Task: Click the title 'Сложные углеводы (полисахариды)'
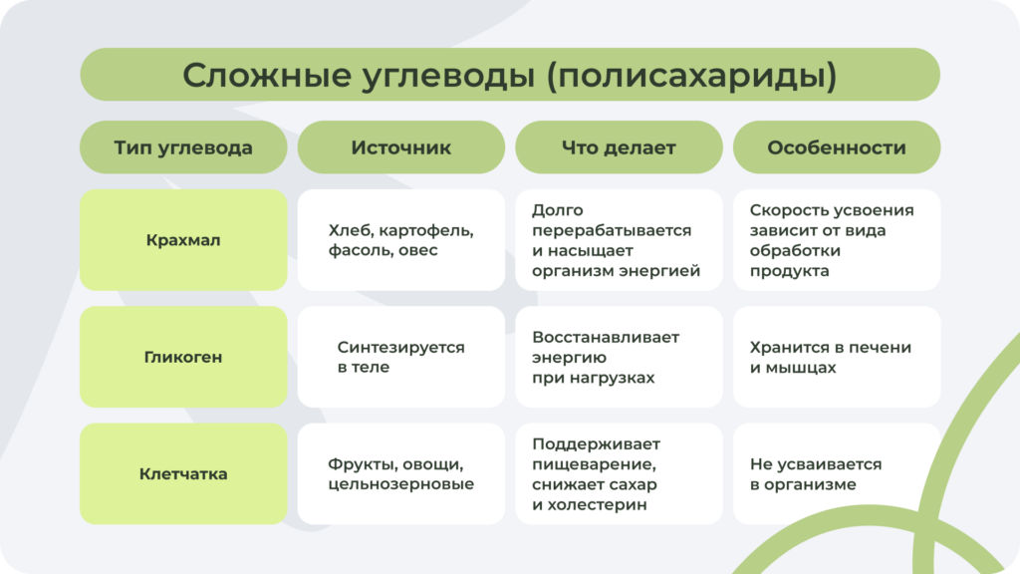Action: tap(509, 75)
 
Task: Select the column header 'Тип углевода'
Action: tap(183, 147)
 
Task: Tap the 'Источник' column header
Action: tap(400, 147)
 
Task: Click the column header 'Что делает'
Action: tap(619, 147)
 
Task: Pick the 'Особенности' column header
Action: tap(837, 147)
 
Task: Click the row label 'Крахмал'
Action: tap(183, 240)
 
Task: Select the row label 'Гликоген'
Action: tap(183, 357)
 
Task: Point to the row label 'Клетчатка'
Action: tap(183, 473)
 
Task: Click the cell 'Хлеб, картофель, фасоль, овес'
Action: tap(400, 240)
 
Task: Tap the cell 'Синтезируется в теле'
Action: tap(400, 357)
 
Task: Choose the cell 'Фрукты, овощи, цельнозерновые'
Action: tap(400, 473)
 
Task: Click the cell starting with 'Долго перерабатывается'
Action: tap(619, 240)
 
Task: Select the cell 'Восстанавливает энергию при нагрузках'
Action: tap(619, 357)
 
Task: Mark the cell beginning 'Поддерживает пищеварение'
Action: tap(619, 473)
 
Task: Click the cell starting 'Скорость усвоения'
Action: tap(837, 240)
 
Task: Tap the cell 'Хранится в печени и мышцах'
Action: tap(837, 357)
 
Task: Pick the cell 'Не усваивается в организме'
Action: tap(837, 473)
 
